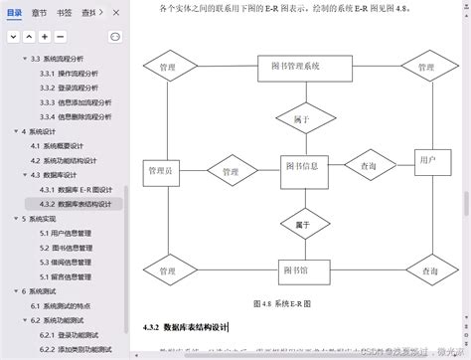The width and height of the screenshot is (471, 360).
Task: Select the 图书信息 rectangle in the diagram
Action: pyautogui.click(x=299, y=166)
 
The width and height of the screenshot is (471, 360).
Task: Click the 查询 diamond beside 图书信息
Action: pyautogui.click(x=368, y=166)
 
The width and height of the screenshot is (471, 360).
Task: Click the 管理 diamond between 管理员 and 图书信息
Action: pyautogui.click(x=231, y=172)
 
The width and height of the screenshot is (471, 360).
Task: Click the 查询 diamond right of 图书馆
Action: pyautogui.click(x=427, y=270)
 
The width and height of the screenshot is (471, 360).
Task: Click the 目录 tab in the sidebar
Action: pyautogui.click(x=13, y=13)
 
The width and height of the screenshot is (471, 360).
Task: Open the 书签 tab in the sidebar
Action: pyautogui.click(x=65, y=13)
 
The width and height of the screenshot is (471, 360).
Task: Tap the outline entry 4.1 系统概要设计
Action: pyautogui.click(x=63, y=145)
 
